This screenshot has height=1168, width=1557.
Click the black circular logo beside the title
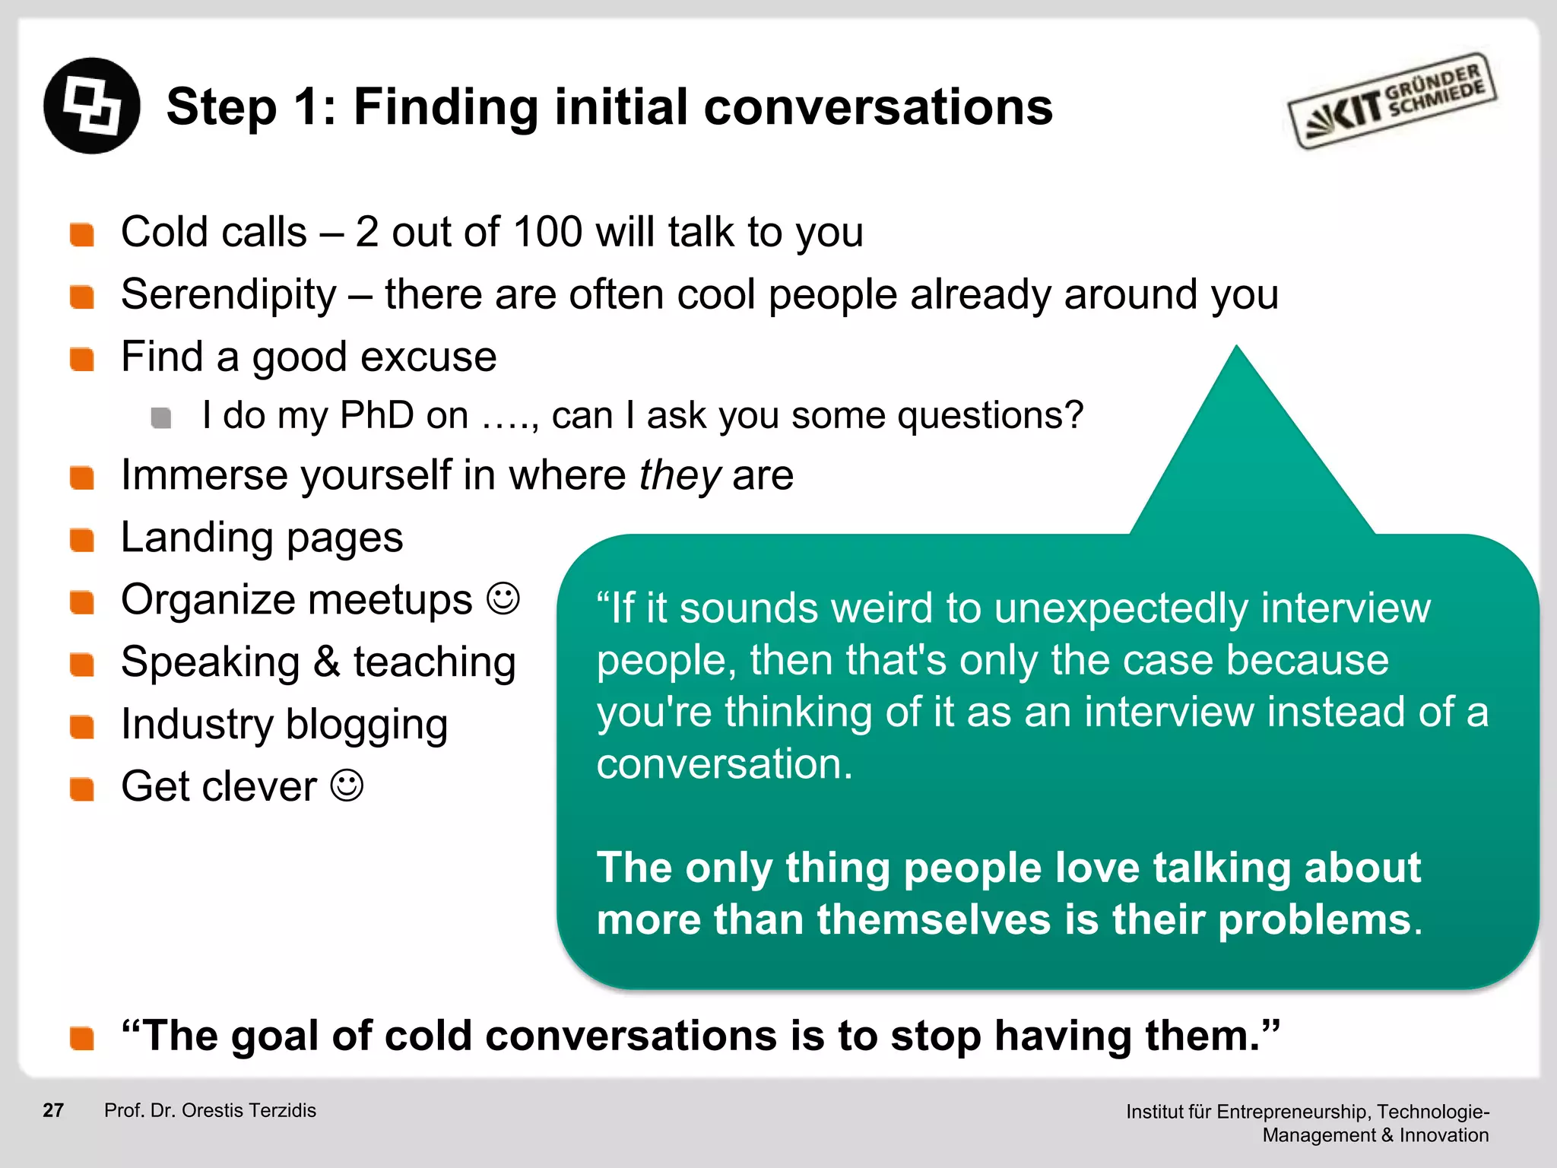pos(92,106)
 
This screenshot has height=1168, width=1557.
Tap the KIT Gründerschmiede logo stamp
pos(1391,101)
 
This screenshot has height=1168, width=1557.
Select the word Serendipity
pos(228,294)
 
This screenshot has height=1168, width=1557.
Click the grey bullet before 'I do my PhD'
pos(160,417)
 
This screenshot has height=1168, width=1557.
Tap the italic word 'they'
pos(679,475)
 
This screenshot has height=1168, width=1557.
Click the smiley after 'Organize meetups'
pos(503,599)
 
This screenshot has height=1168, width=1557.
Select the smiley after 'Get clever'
pos(347,786)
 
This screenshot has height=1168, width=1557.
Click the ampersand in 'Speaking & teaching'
pos(326,662)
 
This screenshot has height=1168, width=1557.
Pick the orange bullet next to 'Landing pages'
pos(81,541)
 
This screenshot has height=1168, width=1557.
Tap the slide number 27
pos(53,1110)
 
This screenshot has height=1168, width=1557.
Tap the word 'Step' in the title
pos(221,107)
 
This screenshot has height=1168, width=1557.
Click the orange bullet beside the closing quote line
pos(81,1038)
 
